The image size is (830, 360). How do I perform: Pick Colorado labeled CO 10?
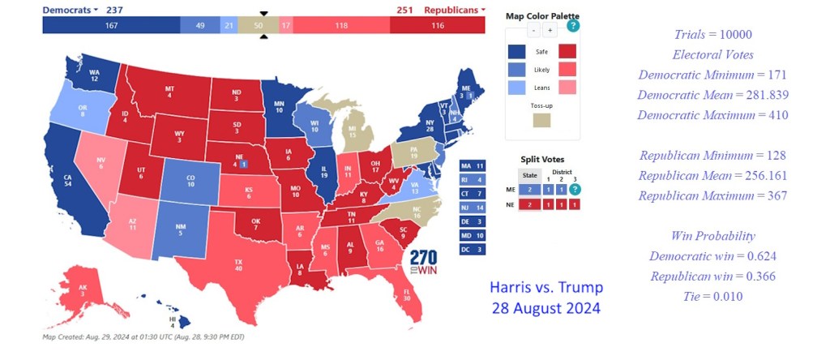(190, 178)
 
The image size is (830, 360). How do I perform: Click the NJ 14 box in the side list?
(471, 207)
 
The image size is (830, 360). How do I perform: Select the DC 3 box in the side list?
(471, 249)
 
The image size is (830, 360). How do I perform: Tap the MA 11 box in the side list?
(471, 165)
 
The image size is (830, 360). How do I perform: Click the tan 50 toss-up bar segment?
(259, 26)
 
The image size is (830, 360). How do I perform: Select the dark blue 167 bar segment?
(111, 26)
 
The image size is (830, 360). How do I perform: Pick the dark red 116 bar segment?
(437, 26)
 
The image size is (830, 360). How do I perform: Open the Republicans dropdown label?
(455, 10)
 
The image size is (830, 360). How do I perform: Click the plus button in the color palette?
(550, 31)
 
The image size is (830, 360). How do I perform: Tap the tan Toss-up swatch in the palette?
(542, 120)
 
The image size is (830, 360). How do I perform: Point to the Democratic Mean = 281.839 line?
(712, 95)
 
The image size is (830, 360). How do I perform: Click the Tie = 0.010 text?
(713, 296)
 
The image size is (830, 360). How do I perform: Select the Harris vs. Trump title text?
(546, 288)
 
